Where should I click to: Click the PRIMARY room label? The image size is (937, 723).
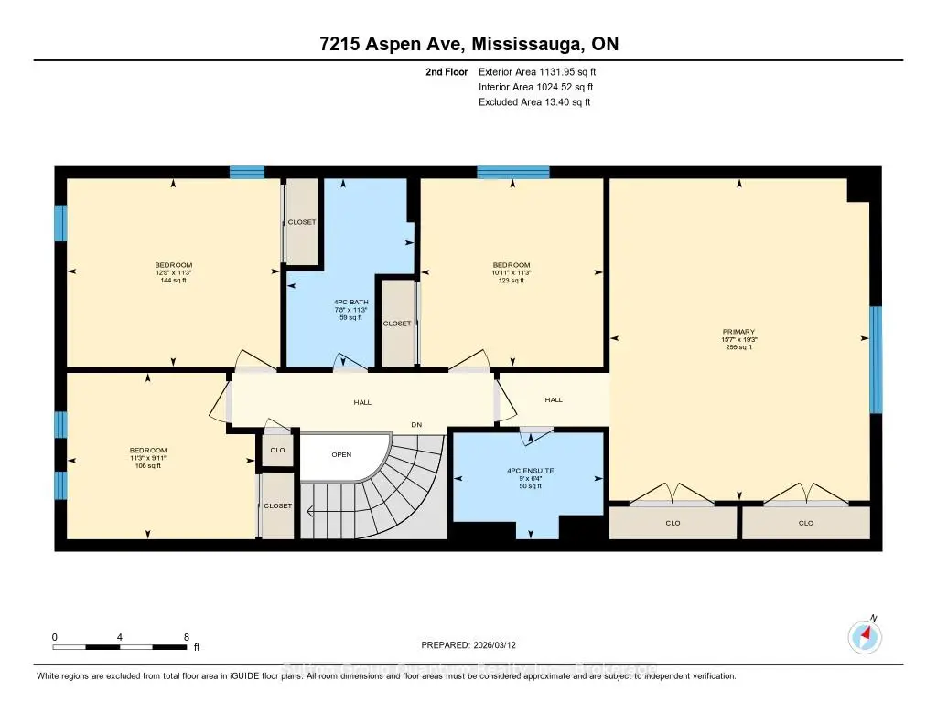(738, 332)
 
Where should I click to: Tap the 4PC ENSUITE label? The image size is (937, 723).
(532, 470)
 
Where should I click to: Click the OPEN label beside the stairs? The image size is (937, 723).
(341, 454)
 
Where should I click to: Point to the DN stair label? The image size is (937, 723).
(416, 424)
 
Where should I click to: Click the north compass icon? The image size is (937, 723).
(864, 636)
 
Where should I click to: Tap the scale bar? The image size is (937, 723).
(121, 647)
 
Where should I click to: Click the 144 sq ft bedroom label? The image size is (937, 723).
(172, 281)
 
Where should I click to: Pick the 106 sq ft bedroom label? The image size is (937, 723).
(147, 466)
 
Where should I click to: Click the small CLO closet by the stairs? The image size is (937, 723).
(277, 450)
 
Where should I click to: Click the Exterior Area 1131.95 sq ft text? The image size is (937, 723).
(539, 71)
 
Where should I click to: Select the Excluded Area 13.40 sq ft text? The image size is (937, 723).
(534, 102)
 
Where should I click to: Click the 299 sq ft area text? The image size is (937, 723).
(738, 347)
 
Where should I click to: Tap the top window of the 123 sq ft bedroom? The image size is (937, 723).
(512, 172)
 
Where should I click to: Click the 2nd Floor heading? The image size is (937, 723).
(447, 71)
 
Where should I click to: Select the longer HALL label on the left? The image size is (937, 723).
(363, 401)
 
